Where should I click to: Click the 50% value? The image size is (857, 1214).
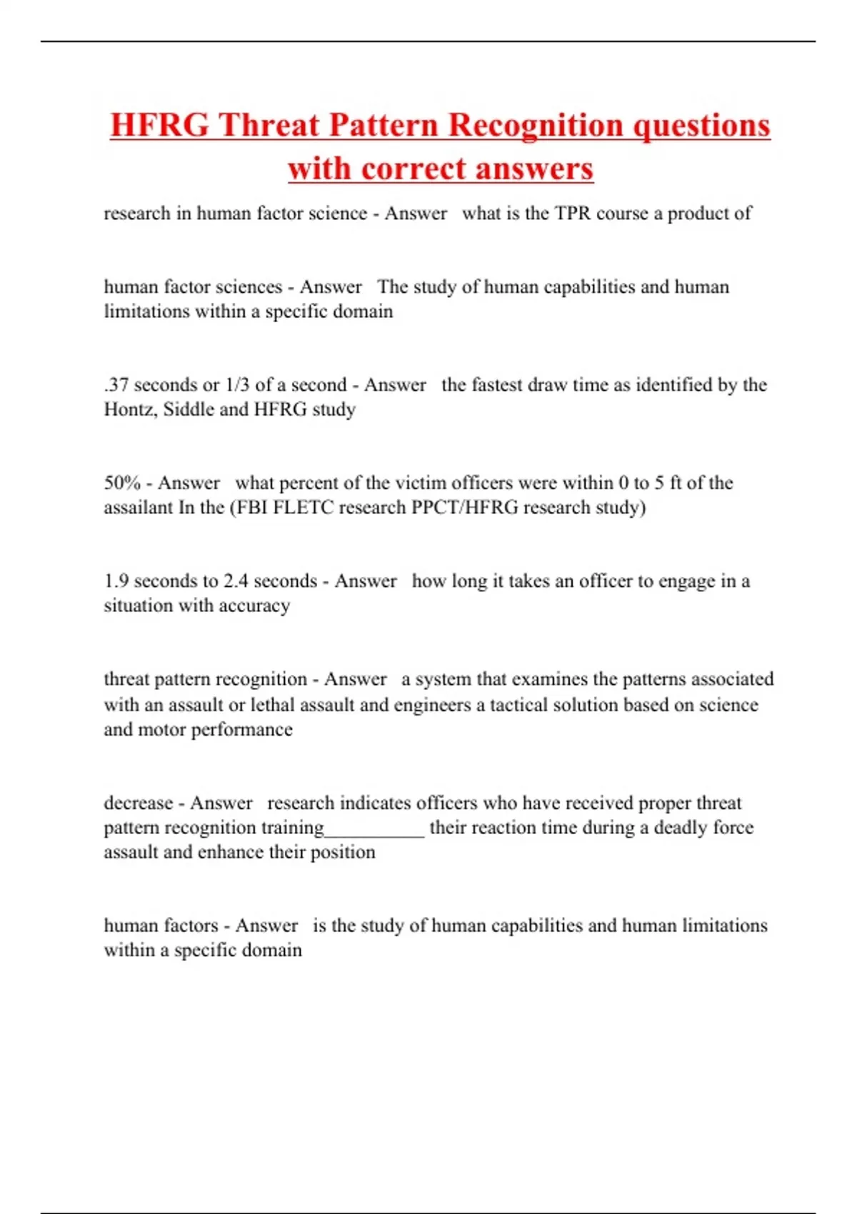tap(122, 483)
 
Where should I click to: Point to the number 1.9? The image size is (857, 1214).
tap(116, 581)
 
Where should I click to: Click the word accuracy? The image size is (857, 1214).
tap(255, 606)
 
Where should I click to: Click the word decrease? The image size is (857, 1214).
tap(138, 803)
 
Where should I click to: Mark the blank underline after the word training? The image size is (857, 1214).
tap(374, 832)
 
